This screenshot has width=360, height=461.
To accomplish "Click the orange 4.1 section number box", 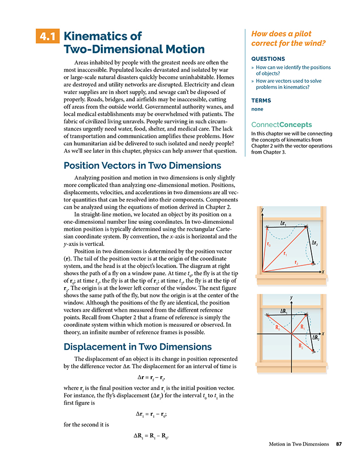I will (x=48, y=37).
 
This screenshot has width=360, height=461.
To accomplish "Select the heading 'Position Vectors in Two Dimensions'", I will (x=142, y=166).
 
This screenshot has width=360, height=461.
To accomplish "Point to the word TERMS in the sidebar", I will (x=261, y=101).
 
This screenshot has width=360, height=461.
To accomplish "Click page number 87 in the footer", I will (x=339, y=444).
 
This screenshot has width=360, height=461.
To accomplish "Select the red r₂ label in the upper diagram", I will (x=297, y=263).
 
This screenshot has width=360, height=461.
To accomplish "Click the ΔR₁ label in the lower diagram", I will (x=284, y=311).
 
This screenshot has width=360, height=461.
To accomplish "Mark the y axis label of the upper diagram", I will (x=262, y=210).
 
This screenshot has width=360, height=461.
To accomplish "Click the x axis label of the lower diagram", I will (x=322, y=333).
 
